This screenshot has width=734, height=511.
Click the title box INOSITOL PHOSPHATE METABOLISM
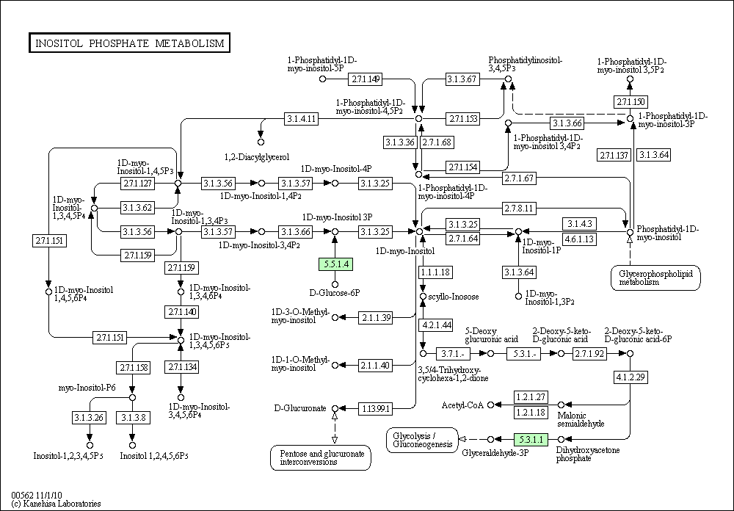coord(129,43)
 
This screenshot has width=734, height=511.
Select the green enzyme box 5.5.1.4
coord(335,264)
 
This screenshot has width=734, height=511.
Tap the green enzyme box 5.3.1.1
coord(531,439)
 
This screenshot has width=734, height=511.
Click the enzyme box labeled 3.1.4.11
coord(302,119)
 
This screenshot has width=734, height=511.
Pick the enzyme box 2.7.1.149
coord(365,79)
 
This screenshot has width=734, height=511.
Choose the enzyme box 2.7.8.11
coord(519,208)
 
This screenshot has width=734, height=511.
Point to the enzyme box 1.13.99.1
coord(375,409)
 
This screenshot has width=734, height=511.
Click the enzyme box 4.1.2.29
coord(631,377)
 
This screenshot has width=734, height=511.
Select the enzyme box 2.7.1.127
coord(138,183)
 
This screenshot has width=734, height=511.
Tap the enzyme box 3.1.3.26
coord(89,417)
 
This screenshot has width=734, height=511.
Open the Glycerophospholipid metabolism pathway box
coord(655,278)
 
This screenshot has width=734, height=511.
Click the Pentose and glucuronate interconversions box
coord(321,458)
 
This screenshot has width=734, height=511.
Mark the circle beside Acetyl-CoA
coord(490,405)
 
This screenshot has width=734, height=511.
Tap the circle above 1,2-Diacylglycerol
coord(261,142)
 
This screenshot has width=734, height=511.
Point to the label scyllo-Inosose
coord(454,297)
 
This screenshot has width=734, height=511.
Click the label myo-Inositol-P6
coord(87,388)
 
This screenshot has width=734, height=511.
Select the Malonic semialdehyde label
coord(581,420)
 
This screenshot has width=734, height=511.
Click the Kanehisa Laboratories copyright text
coord(57,504)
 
